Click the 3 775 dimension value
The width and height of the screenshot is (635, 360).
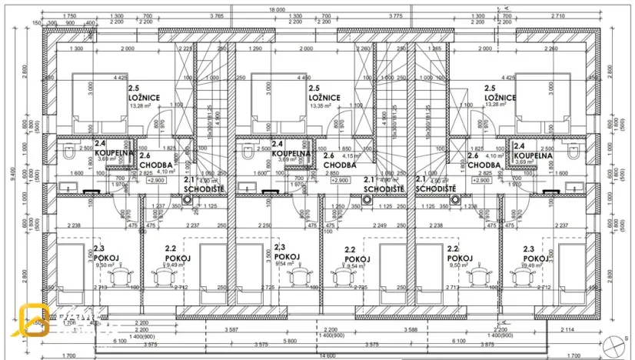[x=396, y=16]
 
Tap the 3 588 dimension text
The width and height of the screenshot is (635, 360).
[x=409, y=329]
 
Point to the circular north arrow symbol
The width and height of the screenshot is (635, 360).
[x=613, y=344]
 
